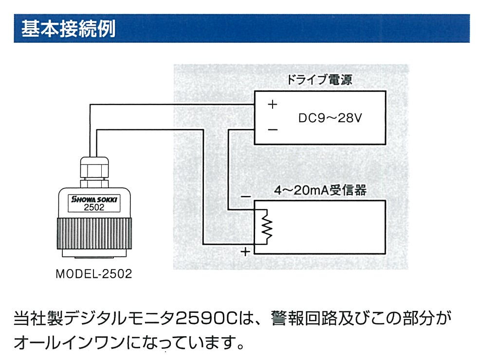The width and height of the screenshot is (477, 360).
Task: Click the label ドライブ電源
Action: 319,80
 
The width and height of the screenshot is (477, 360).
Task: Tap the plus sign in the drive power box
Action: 273,104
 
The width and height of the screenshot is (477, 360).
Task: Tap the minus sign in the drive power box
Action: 273,130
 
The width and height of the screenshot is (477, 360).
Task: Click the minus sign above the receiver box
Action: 246,197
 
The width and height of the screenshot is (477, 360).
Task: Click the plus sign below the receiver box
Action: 246,252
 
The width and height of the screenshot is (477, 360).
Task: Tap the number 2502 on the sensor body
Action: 94,207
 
